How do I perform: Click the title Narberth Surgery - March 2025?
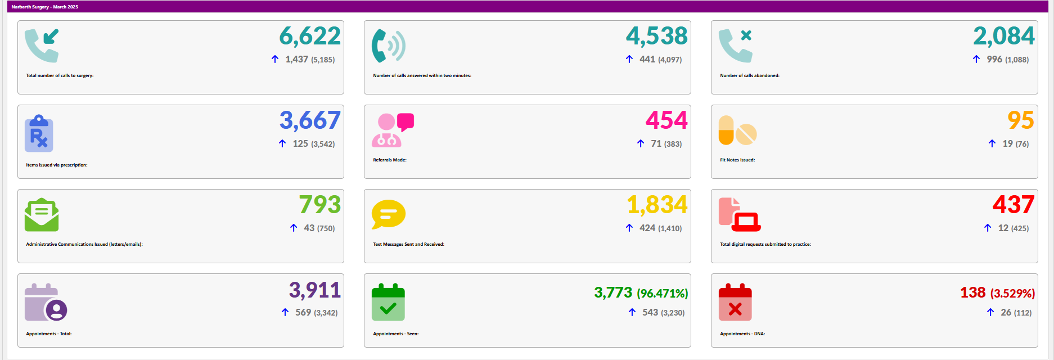click(x=45, y=7)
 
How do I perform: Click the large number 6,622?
click(x=310, y=37)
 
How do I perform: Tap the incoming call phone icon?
click(x=42, y=45)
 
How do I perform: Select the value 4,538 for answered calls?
click(x=656, y=37)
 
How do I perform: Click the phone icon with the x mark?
click(x=735, y=45)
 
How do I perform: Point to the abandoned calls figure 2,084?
click(x=1003, y=37)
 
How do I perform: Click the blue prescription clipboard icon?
click(x=39, y=134)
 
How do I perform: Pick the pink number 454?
click(x=666, y=120)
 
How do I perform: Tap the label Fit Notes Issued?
click(x=737, y=160)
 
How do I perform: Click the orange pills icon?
click(x=737, y=130)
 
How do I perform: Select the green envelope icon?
click(x=42, y=215)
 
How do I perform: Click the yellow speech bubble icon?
click(x=388, y=214)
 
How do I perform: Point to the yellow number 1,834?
click(x=657, y=205)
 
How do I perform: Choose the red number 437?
click(x=1013, y=205)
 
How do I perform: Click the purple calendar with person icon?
click(x=46, y=302)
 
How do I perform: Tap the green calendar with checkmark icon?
click(x=388, y=302)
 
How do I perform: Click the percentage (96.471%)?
click(x=662, y=293)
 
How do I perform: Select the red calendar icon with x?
click(x=735, y=302)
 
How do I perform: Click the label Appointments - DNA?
click(x=742, y=334)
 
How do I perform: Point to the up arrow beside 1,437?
click(x=275, y=59)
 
